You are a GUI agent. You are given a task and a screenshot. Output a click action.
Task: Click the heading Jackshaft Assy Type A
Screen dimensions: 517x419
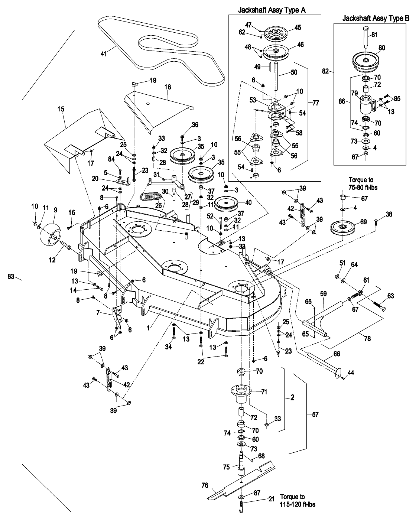tap(272, 10)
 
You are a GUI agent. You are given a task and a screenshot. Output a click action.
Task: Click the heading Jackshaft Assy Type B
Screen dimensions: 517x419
tap(376, 18)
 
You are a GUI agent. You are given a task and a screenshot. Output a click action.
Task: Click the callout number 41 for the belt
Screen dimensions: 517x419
tap(103, 54)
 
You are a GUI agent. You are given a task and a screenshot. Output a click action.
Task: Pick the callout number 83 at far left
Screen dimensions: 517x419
tap(11, 276)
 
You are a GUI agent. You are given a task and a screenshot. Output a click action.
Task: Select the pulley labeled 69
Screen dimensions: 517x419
tap(343, 227)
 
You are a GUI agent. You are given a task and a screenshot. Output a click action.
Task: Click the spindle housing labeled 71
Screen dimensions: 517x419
tap(241, 391)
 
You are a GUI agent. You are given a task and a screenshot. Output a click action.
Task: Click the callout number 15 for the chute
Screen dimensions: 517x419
tap(61, 109)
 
